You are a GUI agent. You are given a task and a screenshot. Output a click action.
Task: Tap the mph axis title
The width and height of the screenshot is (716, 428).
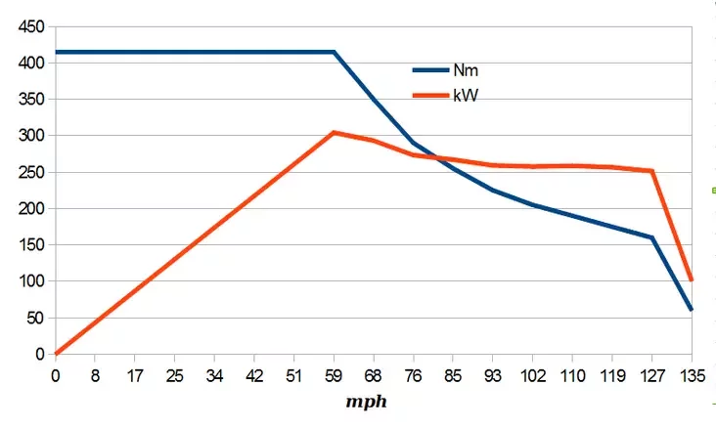(x=372, y=401)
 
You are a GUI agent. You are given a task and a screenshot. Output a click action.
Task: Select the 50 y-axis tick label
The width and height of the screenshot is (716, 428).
(x=35, y=318)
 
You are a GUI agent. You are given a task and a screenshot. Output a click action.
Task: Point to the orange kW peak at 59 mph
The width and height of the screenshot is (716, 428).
(x=334, y=132)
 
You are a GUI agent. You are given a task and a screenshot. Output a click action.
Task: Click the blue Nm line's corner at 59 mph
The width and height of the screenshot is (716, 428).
(x=334, y=52)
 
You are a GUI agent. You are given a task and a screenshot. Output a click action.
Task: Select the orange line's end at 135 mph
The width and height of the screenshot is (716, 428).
(x=692, y=279)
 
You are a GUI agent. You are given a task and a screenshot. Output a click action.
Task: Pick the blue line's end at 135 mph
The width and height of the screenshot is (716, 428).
(x=692, y=310)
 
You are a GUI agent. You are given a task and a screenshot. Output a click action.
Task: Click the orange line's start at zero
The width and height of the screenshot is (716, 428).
(x=56, y=354)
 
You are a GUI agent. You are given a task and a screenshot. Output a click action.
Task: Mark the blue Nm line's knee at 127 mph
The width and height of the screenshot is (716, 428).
(x=651, y=237)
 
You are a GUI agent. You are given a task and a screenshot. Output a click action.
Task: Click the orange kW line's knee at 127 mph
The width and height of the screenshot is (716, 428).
(x=651, y=171)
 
